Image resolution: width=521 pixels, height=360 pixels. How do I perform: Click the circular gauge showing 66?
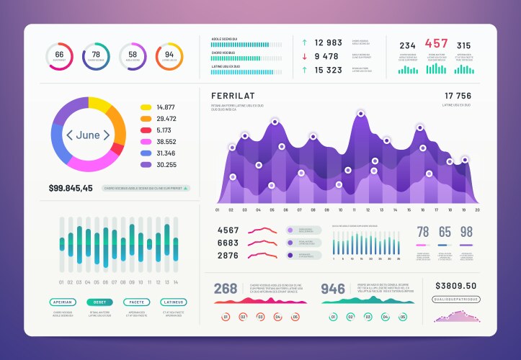(59, 56)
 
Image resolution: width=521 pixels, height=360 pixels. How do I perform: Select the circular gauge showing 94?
(169, 56)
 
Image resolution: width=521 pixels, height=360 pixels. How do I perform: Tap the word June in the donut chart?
(87, 135)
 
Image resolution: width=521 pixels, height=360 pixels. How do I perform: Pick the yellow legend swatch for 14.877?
(146, 107)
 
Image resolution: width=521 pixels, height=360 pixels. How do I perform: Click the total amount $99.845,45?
(71, 188)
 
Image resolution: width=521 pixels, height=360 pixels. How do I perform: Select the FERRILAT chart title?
(233, 96)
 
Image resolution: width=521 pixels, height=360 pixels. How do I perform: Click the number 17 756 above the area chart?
(458, 96)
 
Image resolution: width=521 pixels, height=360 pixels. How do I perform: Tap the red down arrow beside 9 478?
(305, 56)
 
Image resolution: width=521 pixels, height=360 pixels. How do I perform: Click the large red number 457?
(437, 44)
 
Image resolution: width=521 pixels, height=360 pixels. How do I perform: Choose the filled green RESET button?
(99, 302)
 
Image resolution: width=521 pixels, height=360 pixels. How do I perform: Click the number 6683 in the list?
(228, 243)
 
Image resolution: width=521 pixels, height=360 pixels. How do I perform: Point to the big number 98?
(466, 232)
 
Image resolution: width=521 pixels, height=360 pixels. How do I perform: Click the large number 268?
(225, 289)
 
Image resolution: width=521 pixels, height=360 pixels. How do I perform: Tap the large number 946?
(333, 289)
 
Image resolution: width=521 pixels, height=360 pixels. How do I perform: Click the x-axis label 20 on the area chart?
(476, 210)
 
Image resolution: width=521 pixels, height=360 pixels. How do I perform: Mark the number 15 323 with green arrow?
(329, 70)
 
